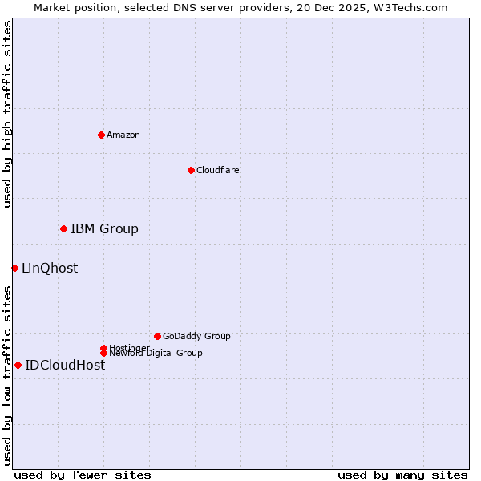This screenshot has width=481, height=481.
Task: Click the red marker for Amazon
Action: (x=101, y=135)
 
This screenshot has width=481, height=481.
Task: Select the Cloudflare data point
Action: (x=191, y=170)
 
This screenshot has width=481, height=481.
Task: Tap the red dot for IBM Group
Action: (x=63, y=228)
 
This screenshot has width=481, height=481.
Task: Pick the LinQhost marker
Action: (x=14, y=268)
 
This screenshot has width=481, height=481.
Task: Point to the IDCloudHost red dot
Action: (x=18, y=365)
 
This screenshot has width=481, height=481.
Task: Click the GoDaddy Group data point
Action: (x=157, y=336)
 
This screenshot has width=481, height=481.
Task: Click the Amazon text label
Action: (x=123, y=135)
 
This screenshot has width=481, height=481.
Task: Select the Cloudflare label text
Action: (x=218, y=170)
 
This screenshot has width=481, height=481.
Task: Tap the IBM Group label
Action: (x=104, y=229)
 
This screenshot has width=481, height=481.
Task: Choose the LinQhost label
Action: (x=50, y=269)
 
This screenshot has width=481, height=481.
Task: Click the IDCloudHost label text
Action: (x=65, y=366)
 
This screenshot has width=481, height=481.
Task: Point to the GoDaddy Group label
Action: (x=196, y=337)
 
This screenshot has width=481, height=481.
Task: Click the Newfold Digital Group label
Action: (x=156, y=354)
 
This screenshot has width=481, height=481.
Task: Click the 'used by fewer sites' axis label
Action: (x=83, y=475)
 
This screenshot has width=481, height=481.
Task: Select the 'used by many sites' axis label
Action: (x=402, y=475)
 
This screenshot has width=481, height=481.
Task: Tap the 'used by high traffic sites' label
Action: (x=7, y=114)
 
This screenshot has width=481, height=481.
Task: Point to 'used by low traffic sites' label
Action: (x=7, y=374)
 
